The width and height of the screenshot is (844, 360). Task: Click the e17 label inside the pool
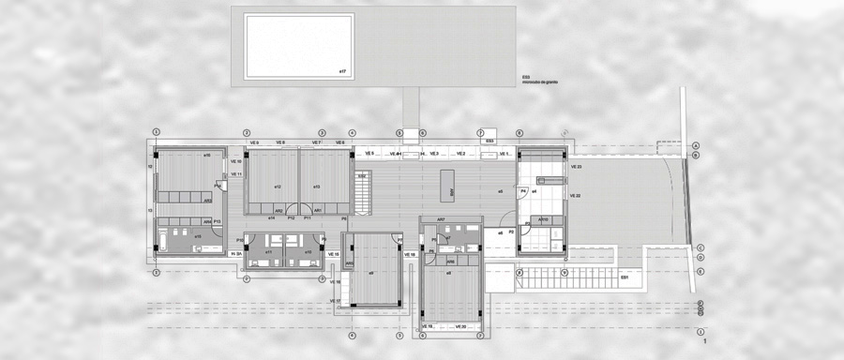[343, 70]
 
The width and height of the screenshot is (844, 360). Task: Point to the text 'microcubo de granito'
[541, 83]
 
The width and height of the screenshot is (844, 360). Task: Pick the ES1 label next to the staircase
[625, 278]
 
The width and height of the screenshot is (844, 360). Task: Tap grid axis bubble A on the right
[697, 146]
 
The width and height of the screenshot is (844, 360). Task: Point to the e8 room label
[448, 273]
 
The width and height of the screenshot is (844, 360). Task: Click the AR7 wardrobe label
[440, 219]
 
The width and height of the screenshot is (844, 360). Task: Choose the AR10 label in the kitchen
[542, 220]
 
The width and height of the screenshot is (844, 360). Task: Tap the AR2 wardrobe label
[279, 210]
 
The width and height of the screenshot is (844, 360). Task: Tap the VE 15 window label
[333, 253]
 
